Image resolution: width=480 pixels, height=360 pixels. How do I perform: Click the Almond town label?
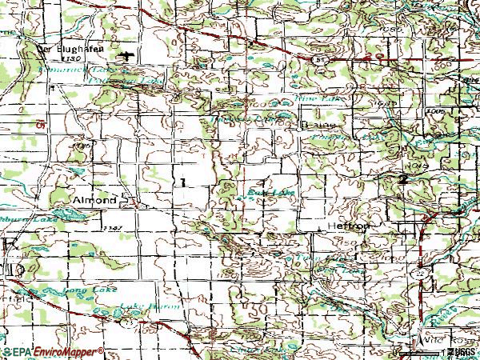[x=95, y=199]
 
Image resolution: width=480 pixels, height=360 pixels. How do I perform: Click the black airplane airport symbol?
[x=129, y=55]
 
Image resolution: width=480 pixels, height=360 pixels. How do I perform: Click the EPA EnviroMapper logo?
[x=53, y=352]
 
